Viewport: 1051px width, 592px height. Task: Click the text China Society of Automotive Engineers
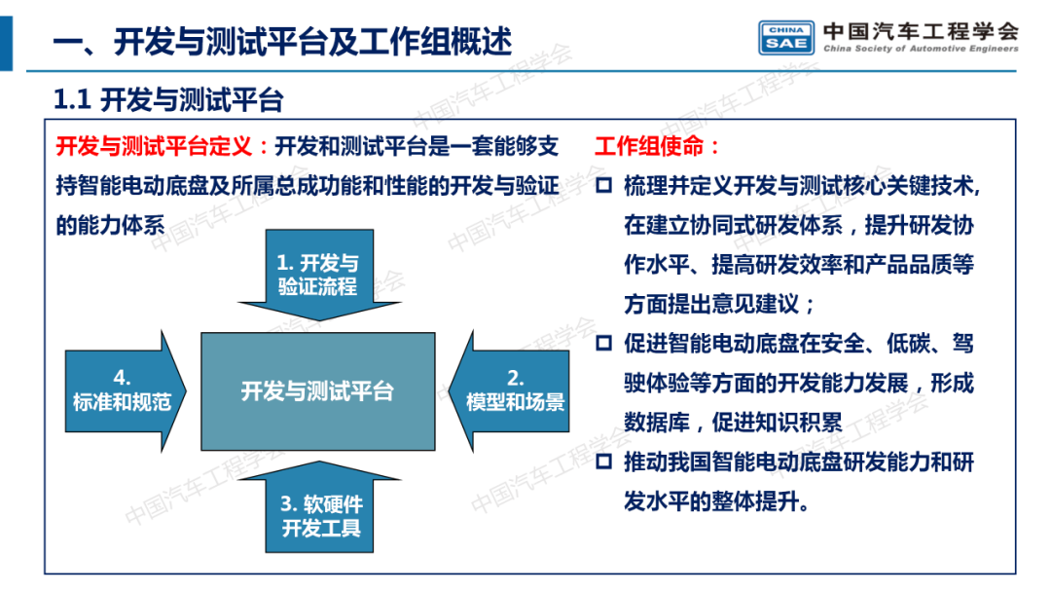tap(921, 49)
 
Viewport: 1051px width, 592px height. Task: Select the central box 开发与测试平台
tap(317, 391)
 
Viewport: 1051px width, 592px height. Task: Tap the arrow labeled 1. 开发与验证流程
tap(317, 275)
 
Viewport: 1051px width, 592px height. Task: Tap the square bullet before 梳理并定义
tap(603, 186)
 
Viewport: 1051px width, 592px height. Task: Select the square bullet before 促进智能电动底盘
tap(603, 344)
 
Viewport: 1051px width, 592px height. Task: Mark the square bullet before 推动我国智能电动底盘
tap(603, 462)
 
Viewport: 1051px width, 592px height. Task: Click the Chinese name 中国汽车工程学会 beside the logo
tap(921, 28)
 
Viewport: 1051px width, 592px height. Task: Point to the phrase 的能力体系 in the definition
tap(110, 225)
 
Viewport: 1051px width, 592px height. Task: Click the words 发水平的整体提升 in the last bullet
tap(707, 501)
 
